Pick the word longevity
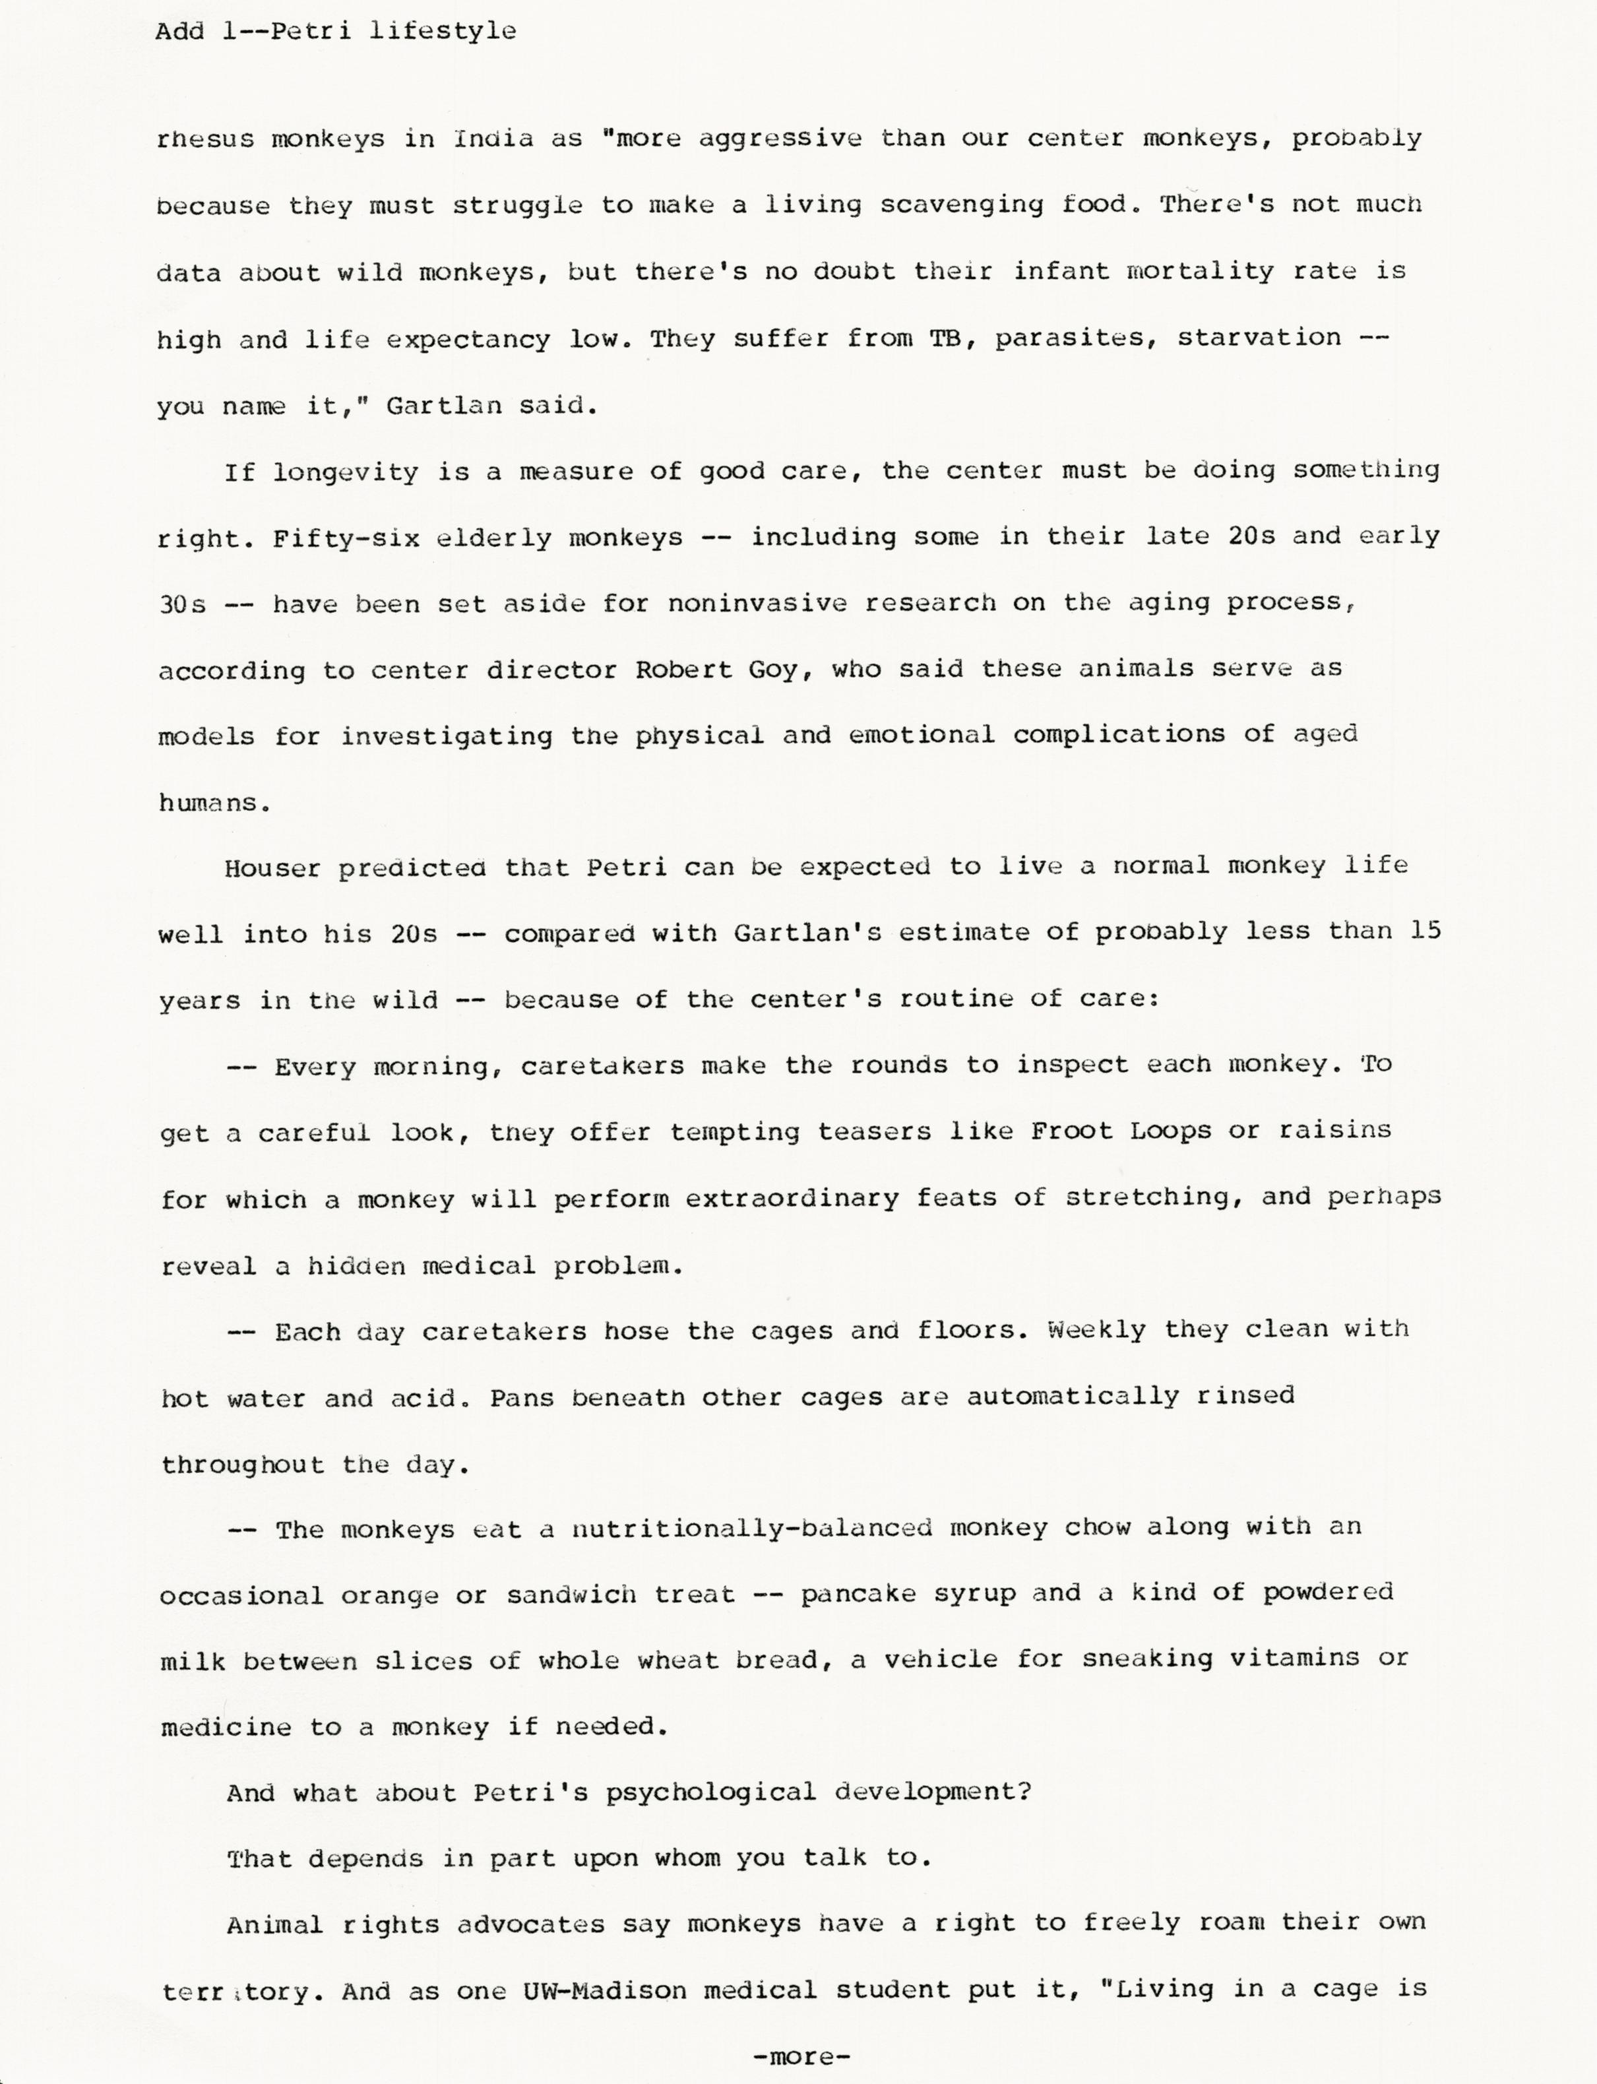point(346,472)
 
